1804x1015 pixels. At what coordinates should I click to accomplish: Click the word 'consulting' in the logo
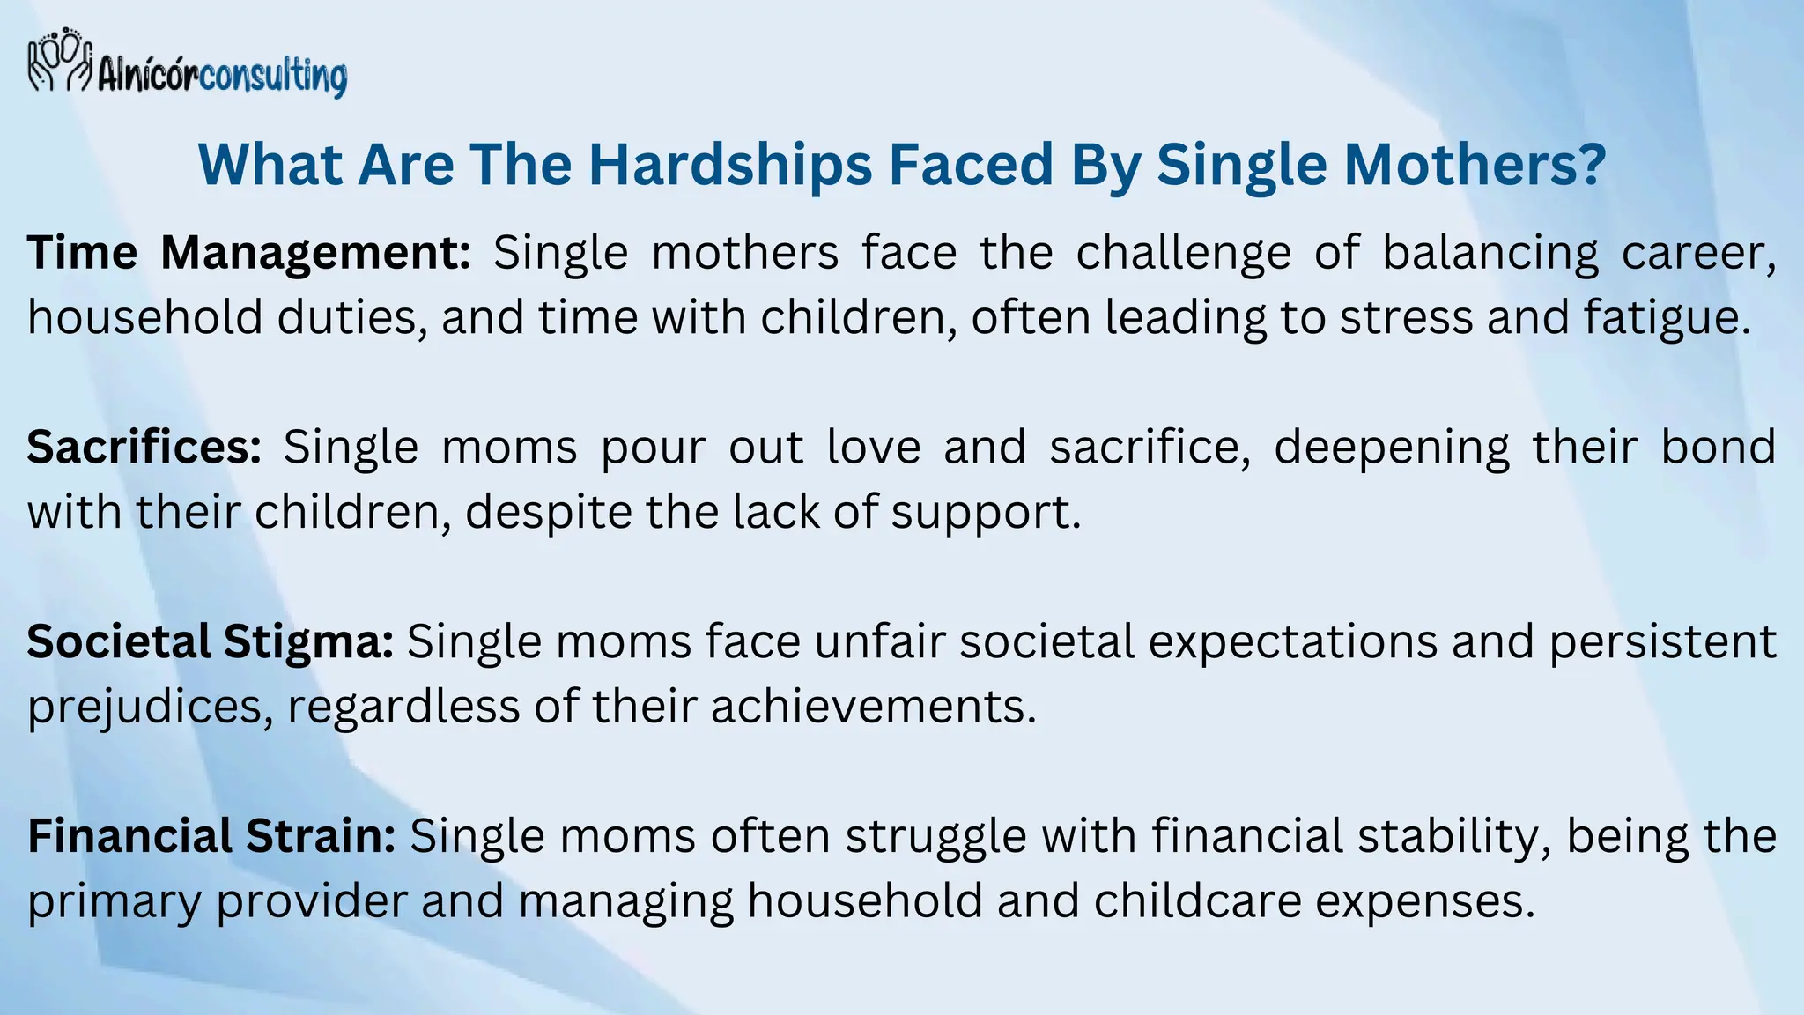click(x=273, y=78)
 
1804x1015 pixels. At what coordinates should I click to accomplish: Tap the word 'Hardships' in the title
click(x=730, y=165)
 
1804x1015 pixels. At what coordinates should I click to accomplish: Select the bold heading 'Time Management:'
click(x=249, y=254)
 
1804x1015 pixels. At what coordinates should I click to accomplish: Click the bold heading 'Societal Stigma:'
click(x=210, y=641)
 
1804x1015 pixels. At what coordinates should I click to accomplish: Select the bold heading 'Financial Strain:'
click(x=211, y=836)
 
